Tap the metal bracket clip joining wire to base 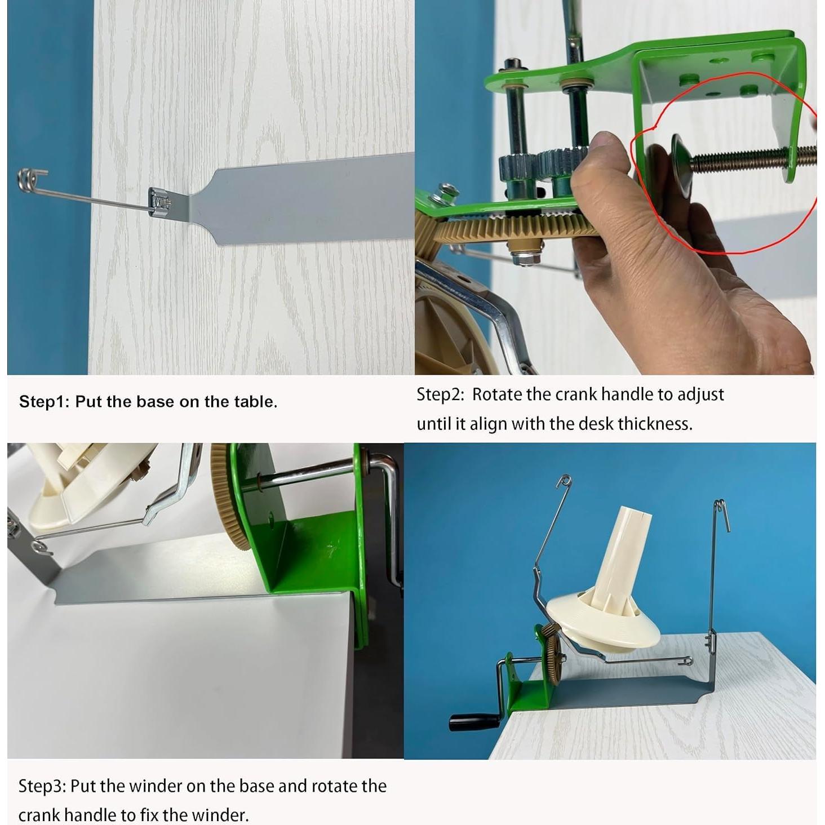click(159, 200)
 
